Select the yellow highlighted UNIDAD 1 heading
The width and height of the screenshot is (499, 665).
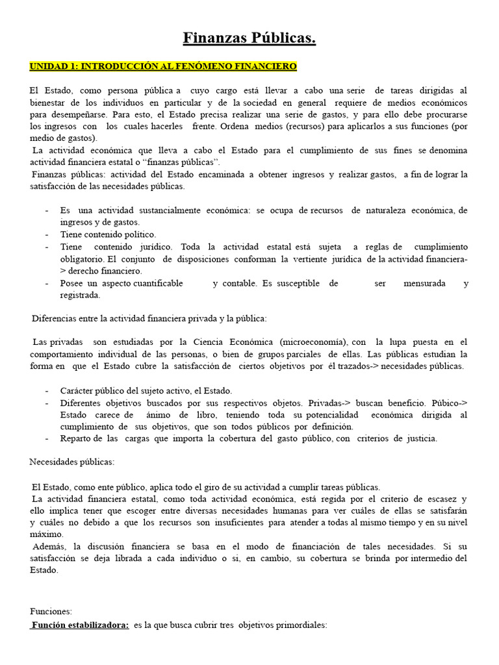tap(163, 67)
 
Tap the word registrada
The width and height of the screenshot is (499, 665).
tap(80, 295)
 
